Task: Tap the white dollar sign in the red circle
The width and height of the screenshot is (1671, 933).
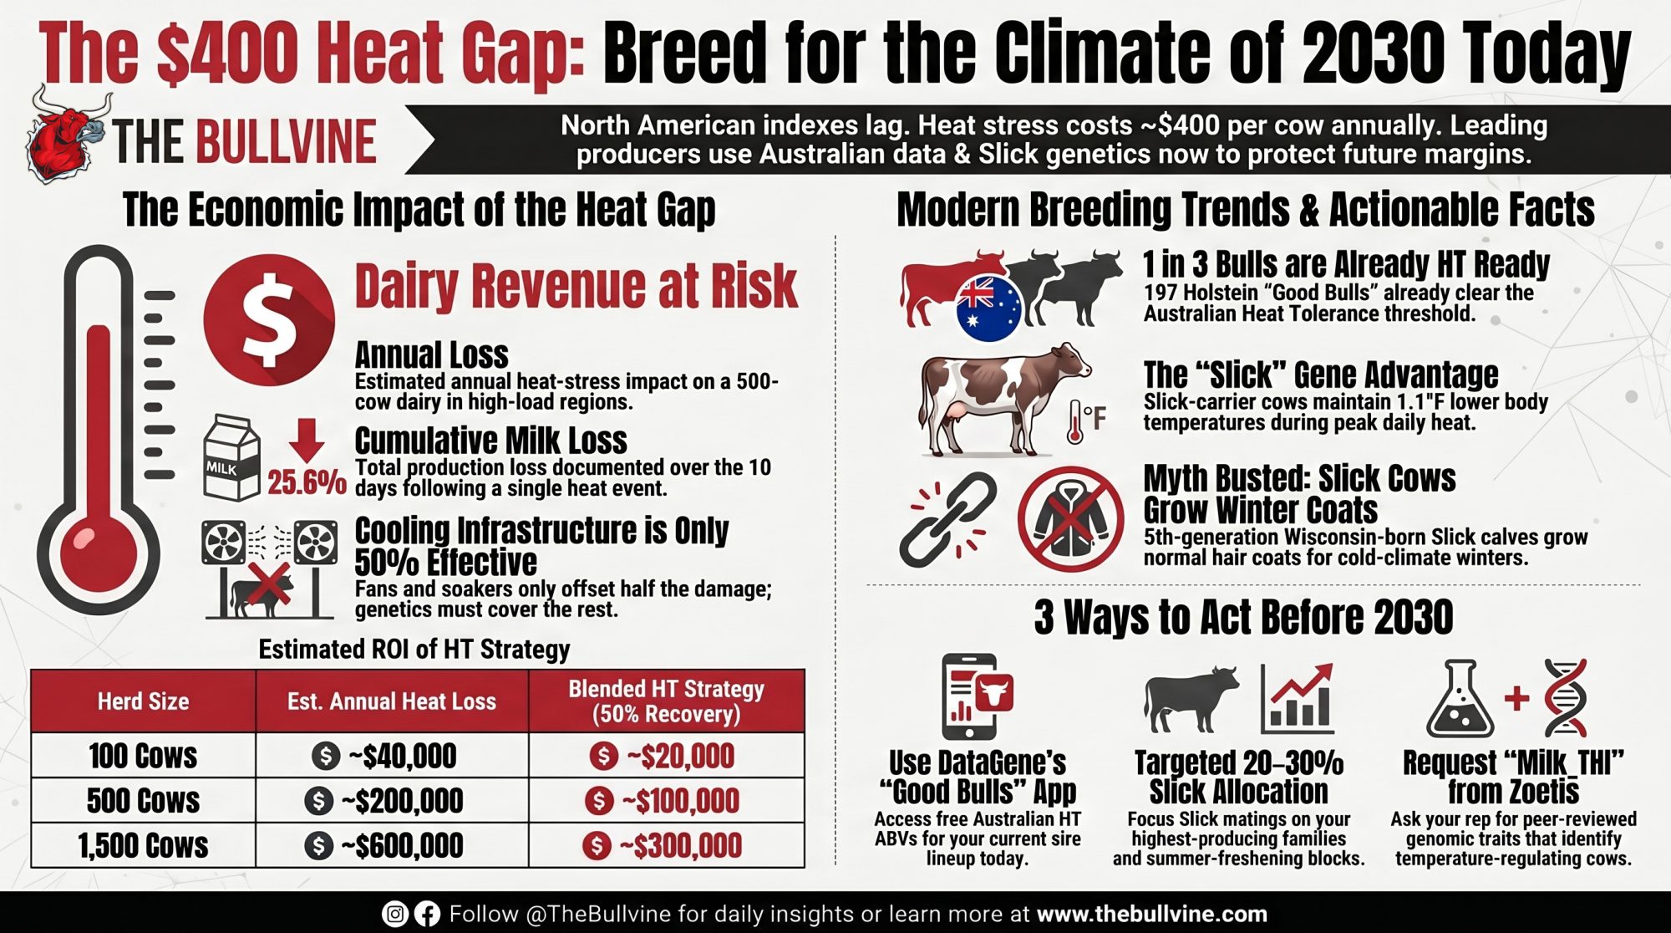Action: pos(268,320)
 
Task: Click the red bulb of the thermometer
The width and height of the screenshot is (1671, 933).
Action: pos(98,550)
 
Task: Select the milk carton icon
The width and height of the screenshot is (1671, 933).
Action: pos(231,458)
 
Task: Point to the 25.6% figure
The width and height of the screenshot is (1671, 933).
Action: pos(307,482)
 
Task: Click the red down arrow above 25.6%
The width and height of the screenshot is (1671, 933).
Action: pos(307,440)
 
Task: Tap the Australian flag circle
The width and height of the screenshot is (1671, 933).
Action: pos(989,308)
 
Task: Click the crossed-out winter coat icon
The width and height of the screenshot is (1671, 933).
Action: pos(1070,518)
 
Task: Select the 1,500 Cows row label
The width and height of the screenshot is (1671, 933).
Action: pos(143,845)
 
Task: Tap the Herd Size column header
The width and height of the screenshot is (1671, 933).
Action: pos(143,701)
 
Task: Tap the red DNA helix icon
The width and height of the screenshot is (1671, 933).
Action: pos(1564,697)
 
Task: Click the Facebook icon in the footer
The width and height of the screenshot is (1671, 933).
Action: pos(427,914)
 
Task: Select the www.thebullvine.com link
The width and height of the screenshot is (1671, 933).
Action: pos(1152,914)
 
